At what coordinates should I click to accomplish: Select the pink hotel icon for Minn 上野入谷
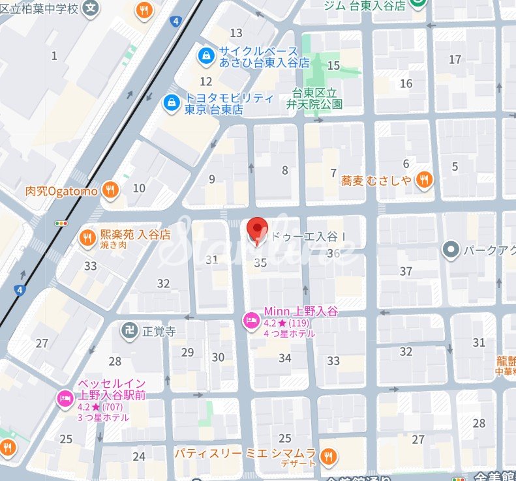tap(250, 321)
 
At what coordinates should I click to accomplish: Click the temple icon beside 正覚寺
tap(129, 330)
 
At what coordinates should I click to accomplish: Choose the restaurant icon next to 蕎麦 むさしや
tap(424, 180)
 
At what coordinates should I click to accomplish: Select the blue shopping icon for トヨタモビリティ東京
tap(172, 103)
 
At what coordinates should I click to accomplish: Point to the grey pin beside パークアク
tap(449, 249)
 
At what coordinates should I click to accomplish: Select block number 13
tap(236, 33)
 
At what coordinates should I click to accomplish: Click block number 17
tap(455, 59)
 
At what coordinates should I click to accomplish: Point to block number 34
tap(284, 358)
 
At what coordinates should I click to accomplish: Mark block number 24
tap(139, 456)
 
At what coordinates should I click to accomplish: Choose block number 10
tap(139, 188)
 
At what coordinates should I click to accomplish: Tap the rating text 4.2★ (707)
tap(103, 407)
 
